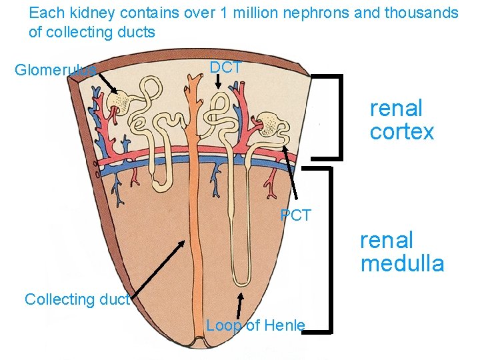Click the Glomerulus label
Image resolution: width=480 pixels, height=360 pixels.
55,69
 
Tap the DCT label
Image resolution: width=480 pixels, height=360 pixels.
225,67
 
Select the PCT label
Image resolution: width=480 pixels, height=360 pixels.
295,215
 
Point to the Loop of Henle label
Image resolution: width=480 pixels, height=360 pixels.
255,325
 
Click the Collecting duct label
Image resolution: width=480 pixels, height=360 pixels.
77,299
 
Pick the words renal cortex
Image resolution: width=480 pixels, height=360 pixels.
401,120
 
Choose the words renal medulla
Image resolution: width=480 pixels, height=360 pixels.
402,252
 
